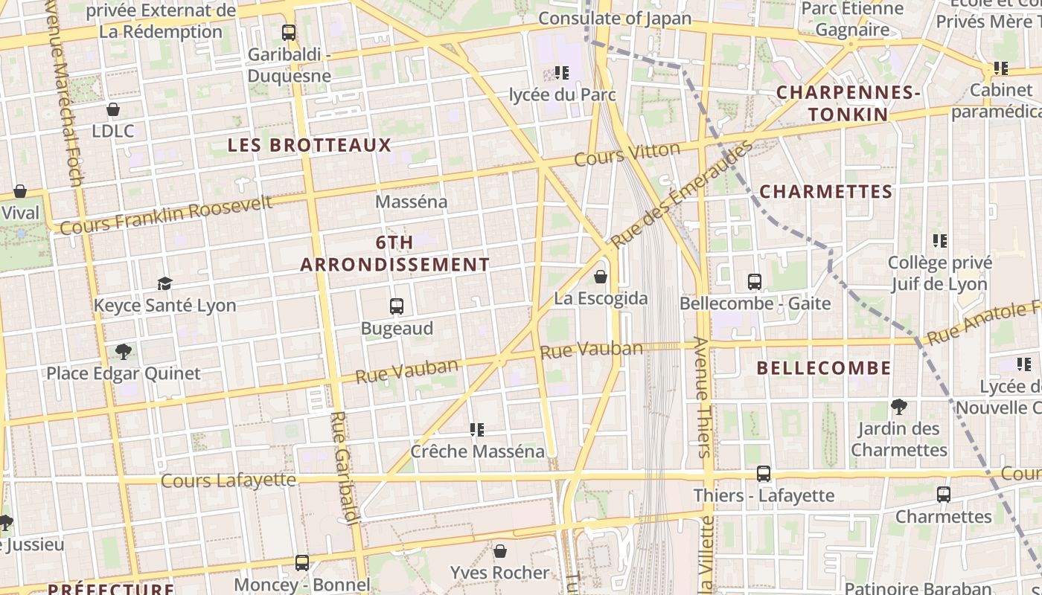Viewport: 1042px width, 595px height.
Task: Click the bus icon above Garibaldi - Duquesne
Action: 289,33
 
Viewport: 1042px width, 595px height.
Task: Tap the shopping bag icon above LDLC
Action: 113,110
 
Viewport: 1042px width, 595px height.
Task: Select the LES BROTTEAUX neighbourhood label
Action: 309,145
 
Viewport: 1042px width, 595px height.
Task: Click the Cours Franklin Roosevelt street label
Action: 166,214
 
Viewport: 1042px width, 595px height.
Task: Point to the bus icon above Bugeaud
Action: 397,306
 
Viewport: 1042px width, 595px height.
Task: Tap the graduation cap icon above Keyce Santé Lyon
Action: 164,283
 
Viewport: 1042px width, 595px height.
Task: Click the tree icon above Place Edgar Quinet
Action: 124,351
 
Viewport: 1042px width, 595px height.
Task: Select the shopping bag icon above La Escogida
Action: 601,277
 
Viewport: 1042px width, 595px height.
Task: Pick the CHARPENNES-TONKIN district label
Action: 848,103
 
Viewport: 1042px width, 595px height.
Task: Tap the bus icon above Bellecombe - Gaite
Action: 755,282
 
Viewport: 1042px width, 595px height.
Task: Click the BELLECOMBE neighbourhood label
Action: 824,368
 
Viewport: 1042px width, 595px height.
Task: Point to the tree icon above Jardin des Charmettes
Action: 899,407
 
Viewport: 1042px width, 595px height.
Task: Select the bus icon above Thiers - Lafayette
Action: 764,474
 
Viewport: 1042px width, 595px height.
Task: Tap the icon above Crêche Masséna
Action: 477,430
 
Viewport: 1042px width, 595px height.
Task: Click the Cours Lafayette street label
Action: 228,480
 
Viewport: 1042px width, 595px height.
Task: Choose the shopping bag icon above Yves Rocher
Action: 500,551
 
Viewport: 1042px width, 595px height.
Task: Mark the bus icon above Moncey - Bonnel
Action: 302,563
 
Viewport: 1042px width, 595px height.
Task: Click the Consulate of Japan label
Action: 614,19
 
